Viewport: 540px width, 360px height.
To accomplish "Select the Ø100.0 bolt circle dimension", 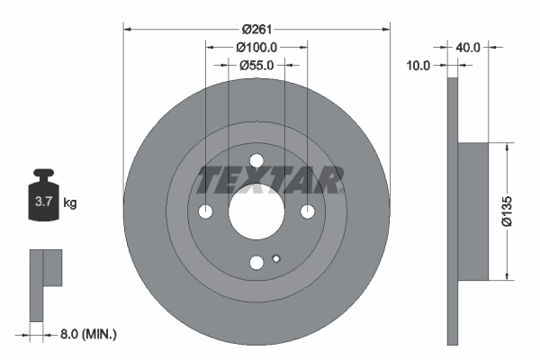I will coord(256,46).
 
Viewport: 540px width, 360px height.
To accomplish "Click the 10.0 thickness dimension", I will coord(419,65).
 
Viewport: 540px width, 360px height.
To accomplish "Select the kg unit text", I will coord(70,203).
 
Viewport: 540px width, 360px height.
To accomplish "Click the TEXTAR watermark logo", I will coord(269,180).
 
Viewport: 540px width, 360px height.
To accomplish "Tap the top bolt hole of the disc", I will coord(256,161).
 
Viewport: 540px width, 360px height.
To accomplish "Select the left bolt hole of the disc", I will coord(205,211).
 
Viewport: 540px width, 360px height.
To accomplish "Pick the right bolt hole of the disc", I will coord(308,211).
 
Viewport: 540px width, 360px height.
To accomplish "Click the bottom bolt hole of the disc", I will coord(256,262).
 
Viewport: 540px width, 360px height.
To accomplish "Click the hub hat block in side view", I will coord(472,211).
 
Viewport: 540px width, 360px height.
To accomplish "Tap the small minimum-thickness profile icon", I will coord(45,279).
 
